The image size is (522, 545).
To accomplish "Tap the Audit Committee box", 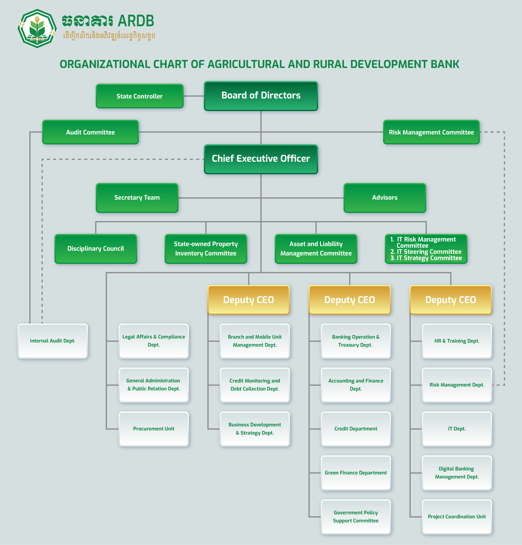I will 90,132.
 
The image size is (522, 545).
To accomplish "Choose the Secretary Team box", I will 137,198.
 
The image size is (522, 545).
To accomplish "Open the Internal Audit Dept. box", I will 53,341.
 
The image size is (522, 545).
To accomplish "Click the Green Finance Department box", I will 355,473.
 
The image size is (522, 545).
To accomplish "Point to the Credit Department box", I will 355,429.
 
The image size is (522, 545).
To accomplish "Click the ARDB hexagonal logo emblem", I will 37,28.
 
